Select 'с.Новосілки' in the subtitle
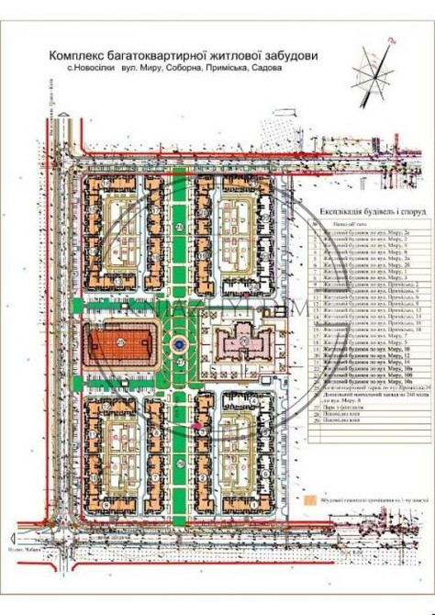tap(91, 69)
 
